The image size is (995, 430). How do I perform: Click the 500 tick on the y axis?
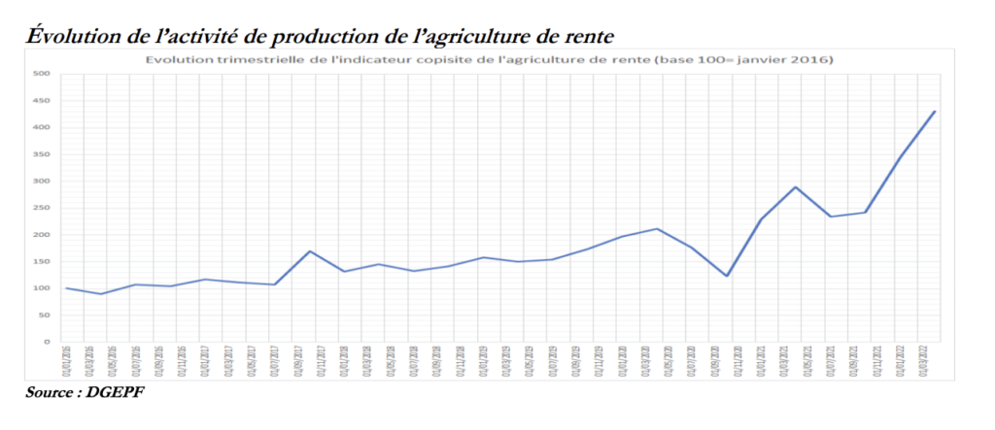[43, 74]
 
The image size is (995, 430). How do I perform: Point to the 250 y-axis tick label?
[43, 208]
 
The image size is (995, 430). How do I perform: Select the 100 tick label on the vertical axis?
[43, 288]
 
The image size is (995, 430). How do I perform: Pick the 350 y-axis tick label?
[43, 154]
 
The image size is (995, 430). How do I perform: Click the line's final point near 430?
[934, 112]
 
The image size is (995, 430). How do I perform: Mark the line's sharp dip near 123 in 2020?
[726, 276]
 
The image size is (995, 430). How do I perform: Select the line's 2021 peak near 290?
[796, 187]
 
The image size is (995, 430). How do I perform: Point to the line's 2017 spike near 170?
[309, 251]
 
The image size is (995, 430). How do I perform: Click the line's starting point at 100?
[67, 288]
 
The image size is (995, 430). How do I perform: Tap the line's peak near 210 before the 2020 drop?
[657, 229]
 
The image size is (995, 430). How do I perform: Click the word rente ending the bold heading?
[583, 37]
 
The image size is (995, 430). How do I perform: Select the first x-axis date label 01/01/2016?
[67, 361]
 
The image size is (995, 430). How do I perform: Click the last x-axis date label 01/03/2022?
[934, 361]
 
